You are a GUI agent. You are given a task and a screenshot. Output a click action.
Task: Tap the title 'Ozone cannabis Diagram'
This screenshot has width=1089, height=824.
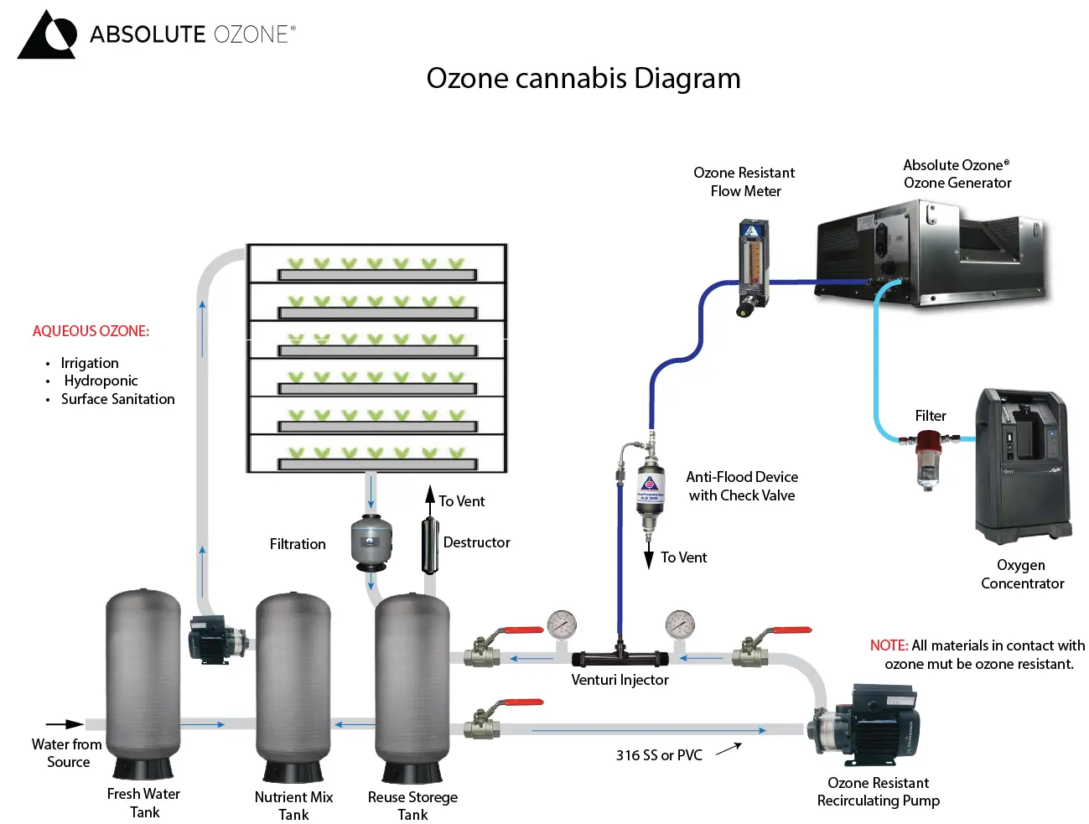583,78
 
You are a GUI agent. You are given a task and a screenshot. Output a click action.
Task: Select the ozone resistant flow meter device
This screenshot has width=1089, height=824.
752,267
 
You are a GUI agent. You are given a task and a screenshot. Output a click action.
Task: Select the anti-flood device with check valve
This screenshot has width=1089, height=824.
650,490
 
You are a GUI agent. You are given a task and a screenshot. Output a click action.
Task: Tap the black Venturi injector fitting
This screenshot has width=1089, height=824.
620,657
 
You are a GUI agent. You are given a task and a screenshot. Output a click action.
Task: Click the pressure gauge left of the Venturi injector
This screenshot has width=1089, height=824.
561,625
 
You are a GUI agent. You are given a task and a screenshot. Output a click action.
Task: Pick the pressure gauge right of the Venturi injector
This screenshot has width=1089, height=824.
679,625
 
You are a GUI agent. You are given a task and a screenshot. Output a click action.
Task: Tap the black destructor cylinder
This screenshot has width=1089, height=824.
430,545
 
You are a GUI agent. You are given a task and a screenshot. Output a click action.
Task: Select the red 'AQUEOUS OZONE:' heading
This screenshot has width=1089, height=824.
91,331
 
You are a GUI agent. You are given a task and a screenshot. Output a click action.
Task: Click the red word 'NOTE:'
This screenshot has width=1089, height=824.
889,645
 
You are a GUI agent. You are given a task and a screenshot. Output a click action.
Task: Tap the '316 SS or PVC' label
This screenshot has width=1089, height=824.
659,755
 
